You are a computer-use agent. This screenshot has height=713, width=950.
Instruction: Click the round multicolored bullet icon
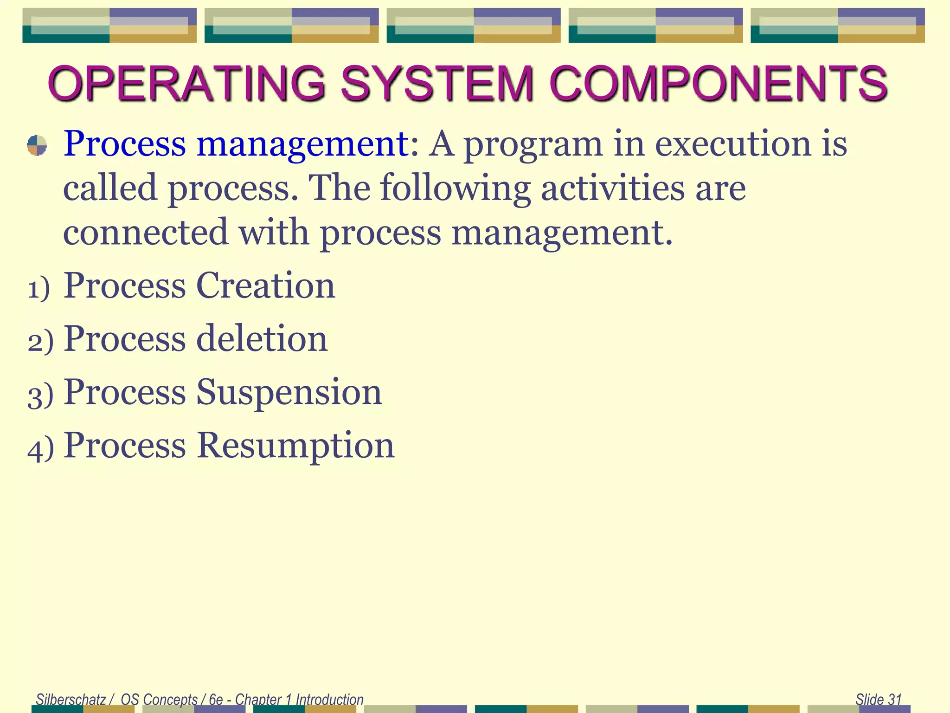tap(37, 145)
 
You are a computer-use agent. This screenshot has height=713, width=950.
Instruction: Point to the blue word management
tap(303, 145)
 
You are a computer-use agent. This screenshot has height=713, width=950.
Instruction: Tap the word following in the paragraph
tap(455, 188)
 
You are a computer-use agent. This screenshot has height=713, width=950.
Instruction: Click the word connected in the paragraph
tap(146, 232)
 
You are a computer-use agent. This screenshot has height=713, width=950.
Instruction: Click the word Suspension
tap(289, 393)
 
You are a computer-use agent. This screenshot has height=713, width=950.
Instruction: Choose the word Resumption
tap(295, 446)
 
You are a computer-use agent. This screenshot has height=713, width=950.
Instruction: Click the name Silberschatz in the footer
tap(71, 699)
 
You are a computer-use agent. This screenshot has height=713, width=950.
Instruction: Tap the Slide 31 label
tap(878, 699)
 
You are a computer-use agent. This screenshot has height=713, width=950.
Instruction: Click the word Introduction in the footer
tap(329, 699)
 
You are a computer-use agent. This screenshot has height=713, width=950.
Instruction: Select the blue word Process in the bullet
tap(124, 144)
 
